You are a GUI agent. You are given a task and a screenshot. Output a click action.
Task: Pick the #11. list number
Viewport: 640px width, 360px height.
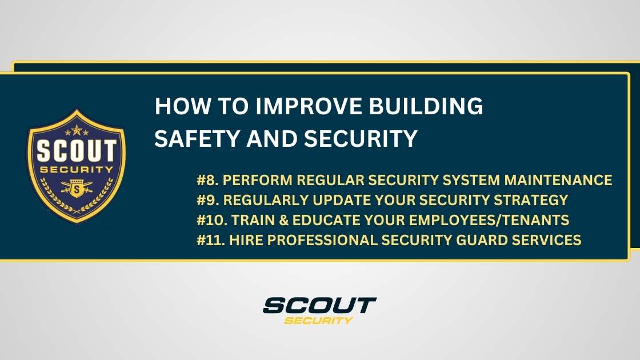pyautogui.click(x=210, y=240)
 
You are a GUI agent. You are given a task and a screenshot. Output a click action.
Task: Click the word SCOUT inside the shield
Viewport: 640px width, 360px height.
pyautogui.click(x=77, y=150)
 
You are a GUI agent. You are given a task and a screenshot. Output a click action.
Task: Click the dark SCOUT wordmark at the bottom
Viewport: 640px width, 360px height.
pyautogui.click(x=319, y=305)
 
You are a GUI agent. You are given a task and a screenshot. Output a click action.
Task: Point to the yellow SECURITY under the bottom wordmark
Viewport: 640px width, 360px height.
pyautogui.click(x=319, y=320)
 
